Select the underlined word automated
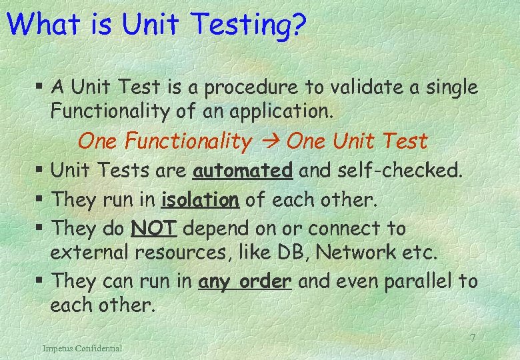(243, 171)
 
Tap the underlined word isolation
(200, 199)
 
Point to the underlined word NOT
(154, 228)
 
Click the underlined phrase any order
(245, 281)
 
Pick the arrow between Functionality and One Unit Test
(270, 142)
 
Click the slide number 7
(472, 338)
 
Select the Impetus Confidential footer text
(82, 348)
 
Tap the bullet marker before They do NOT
(41, 229)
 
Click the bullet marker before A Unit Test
(41, 87)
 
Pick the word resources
(176, 253)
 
